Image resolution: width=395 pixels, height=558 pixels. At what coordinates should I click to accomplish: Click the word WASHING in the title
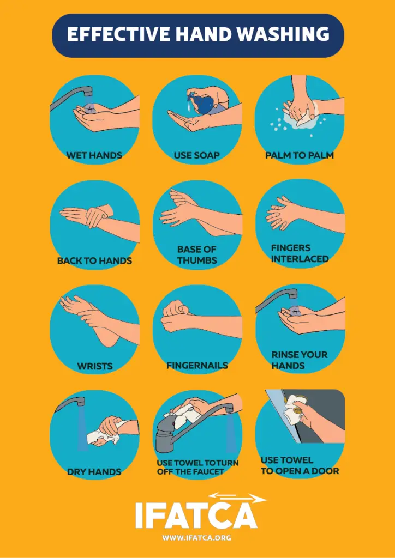pos(283,34)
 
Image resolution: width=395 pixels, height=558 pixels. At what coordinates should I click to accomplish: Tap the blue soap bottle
pos(201,102)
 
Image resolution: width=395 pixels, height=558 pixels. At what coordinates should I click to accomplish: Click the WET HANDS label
pos(94,155)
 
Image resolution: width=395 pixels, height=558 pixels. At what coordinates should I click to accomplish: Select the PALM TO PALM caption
pos(300,155)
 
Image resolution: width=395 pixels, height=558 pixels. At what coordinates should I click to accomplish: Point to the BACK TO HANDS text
pos(94,261)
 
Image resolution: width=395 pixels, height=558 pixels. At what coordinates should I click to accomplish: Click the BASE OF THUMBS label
pos(197,255)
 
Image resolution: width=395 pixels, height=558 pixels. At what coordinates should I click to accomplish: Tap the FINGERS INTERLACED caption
pos(300,253)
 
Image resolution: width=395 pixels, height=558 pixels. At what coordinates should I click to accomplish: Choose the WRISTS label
pos(95,366)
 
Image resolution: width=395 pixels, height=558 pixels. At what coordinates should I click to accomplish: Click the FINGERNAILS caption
pos(197,365)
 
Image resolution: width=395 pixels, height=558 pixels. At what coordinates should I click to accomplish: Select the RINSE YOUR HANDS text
pos(299,360)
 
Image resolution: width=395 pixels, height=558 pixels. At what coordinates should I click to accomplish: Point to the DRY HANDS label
pos(94,472)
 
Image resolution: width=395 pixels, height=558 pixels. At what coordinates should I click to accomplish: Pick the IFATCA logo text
pos(196,514)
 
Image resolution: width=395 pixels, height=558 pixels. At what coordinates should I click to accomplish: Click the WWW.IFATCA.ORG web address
pos(196,537)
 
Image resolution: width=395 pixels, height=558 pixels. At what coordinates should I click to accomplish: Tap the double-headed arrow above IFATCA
pos(236,498)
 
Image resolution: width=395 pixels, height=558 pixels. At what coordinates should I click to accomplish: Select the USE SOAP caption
pos(196,155)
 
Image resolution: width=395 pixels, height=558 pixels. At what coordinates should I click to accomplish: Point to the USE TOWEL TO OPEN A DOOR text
pos(300,465)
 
